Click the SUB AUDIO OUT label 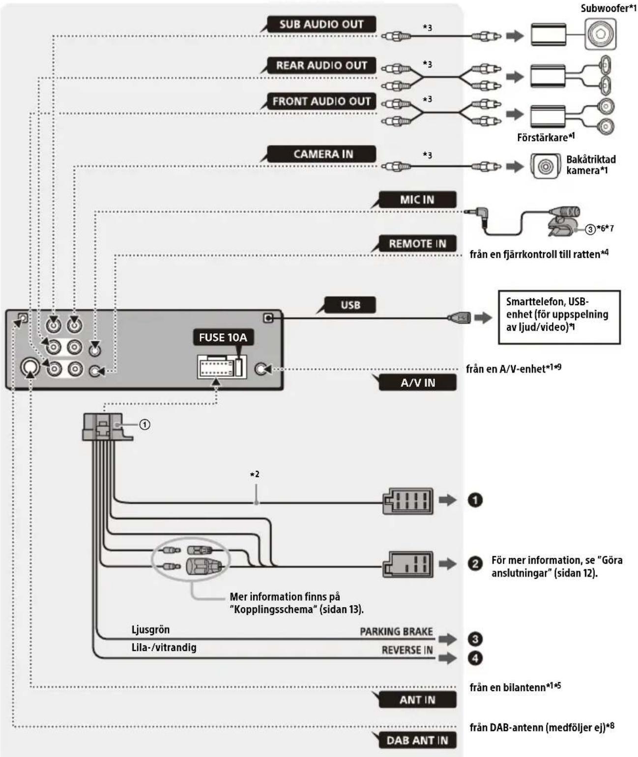321,24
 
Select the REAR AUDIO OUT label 321,65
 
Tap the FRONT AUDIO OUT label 321,101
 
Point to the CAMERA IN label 323,154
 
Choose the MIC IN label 417,200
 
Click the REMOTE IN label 417,244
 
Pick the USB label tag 350,305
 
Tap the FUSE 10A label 223,337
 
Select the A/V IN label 417,382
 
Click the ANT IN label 417,699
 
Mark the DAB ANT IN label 417,740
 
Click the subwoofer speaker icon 600,35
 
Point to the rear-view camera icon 545,166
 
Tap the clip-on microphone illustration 563,221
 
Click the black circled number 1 475,500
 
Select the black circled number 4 475,658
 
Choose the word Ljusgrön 150,630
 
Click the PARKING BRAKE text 396,632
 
